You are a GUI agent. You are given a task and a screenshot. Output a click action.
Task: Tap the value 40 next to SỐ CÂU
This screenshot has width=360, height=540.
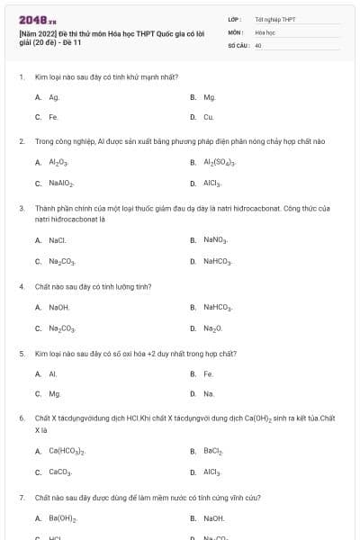click(x=258, y=44)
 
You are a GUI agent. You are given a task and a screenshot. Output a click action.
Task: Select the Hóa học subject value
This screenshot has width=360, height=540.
click(x=265, y=31)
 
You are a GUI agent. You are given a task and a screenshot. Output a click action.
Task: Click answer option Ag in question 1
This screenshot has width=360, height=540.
click(x=54, y=97)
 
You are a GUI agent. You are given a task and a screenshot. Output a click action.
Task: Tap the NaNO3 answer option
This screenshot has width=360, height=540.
click(x=215, y=240)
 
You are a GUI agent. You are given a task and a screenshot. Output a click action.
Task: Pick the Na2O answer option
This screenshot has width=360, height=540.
click(x=212, y=328)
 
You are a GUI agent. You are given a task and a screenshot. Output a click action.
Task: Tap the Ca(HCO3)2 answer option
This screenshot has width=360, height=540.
click(x=67, y=451)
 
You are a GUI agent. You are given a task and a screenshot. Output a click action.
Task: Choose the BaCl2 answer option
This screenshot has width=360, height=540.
click(x=213, y=451)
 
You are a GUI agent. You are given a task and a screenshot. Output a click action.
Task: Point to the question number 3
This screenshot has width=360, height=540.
click(x=21, y=208)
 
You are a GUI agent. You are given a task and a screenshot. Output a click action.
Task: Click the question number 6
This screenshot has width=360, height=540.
click(x=21, y=418)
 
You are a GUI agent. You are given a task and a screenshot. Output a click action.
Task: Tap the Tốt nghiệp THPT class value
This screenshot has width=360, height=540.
click(x=275, y=19)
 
